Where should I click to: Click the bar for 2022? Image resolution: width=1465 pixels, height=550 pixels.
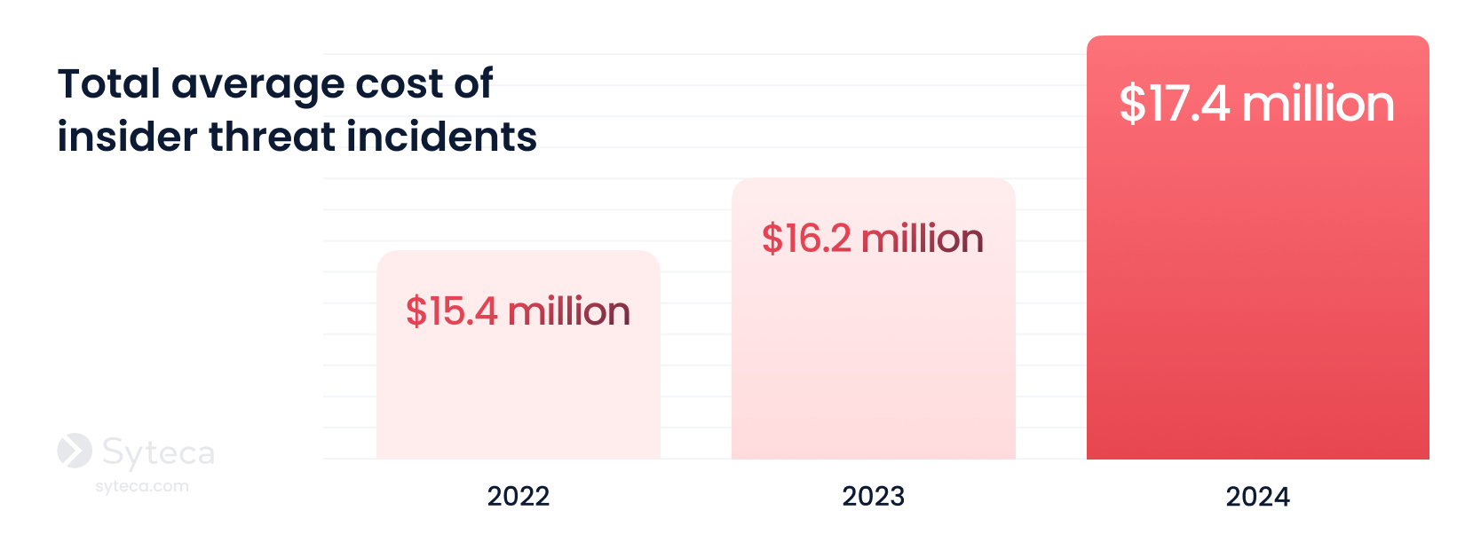[518, 355]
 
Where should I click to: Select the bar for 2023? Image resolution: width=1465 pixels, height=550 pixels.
[873, 318]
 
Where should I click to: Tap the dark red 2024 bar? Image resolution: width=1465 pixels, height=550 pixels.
[1257, 247]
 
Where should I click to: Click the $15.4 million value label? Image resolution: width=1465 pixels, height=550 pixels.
[518, 310]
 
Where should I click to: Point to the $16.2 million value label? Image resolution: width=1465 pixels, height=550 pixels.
[873, 239]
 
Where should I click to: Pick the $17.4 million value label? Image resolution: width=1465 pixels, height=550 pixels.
[1257, 104]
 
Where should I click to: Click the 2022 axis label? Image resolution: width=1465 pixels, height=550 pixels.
[518, 497]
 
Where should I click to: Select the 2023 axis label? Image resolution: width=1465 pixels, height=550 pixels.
[873, 497]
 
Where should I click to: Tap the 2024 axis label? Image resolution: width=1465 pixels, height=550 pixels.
[1257, 497]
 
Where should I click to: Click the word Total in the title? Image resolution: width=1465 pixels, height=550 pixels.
[109, 83]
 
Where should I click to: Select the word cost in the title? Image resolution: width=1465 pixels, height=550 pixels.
[399, 85]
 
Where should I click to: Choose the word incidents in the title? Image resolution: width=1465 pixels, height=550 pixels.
[441, 137]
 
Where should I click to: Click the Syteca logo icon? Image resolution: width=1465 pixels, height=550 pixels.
[75, 451]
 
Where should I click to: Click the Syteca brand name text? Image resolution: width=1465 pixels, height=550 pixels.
[158, 453]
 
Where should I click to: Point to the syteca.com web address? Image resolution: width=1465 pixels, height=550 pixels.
[142, 486]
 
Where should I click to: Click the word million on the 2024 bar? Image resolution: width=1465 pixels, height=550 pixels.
[1318, 104]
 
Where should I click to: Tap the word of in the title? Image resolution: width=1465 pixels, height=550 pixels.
[473, 83]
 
